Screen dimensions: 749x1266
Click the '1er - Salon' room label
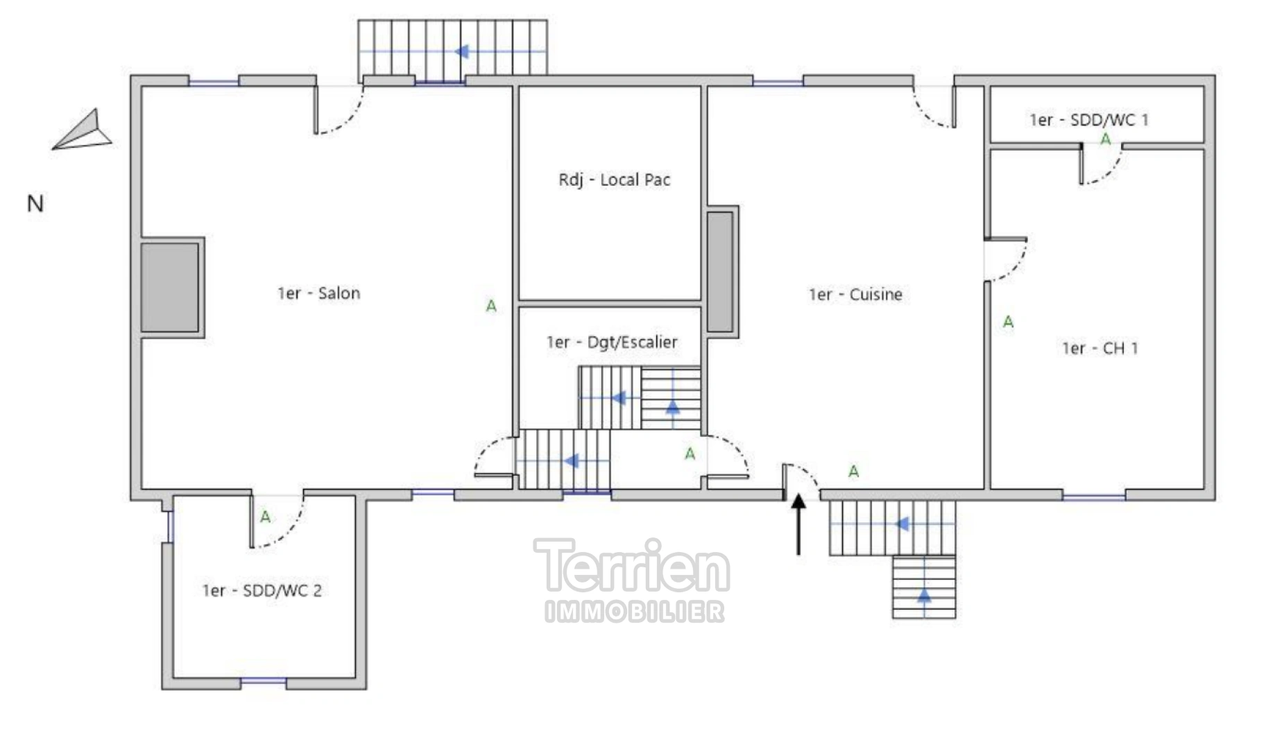318,293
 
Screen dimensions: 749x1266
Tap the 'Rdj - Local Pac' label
614,180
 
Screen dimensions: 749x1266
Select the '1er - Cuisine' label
855,295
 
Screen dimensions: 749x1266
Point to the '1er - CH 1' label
1100,348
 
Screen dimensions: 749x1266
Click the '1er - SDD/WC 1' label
1088,120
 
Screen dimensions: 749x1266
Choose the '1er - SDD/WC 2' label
262,591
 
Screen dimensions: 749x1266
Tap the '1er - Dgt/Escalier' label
611,342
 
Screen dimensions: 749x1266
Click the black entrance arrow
798,523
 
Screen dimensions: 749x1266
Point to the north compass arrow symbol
83,132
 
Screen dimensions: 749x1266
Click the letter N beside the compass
35,204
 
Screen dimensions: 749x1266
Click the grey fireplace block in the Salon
170,287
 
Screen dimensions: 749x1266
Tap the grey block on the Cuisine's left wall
720,271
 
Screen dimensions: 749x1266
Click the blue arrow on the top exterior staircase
461,51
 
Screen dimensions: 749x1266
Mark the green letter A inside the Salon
491,306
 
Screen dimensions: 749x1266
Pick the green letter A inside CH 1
1008,322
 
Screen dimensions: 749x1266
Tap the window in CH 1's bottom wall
1093,496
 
